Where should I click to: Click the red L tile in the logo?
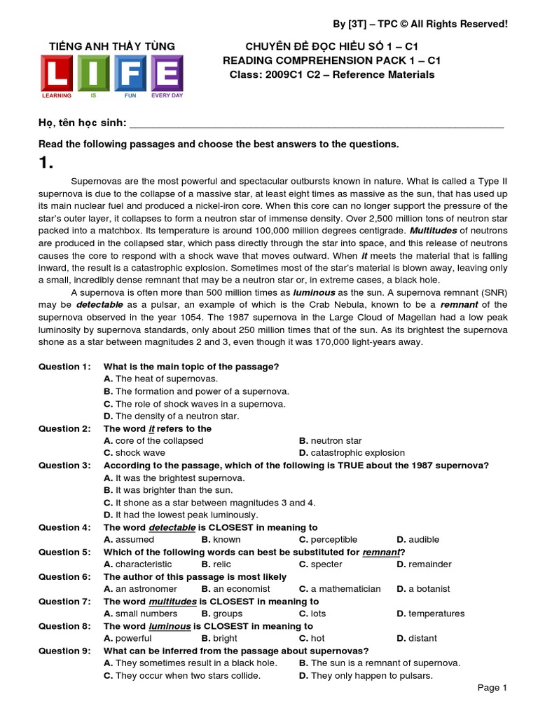[59, 73]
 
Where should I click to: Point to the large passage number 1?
[46, 163]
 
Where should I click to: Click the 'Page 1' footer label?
[492, 688]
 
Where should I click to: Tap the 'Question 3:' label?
[64, 465]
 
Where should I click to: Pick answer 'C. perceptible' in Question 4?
[328, 539]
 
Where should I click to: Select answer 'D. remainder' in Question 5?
[424, 564]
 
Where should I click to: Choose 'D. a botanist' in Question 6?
[423, 589]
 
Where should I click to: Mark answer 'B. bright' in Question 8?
[219, 638]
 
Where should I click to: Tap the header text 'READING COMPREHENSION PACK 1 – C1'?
[329, 60]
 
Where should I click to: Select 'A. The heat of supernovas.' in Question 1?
[156, 379]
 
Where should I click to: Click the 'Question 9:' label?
[64, 651]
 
